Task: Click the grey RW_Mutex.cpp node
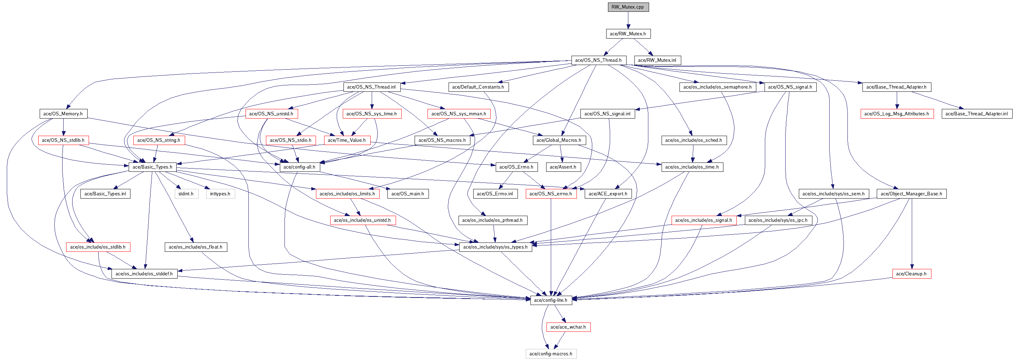point(628,7)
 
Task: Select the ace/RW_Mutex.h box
point(628,34)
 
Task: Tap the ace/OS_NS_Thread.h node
point(598,60)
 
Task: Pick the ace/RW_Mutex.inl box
point(657,60)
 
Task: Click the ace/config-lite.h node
point(551,300)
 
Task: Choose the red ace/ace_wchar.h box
point(568,327)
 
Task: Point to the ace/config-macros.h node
point(551,354)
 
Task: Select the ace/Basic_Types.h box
point(152,167)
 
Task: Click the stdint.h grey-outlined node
point(186,194)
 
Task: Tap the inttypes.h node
point(220,194)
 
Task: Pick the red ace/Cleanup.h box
point(911,274)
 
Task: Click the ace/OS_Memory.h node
point(63,114)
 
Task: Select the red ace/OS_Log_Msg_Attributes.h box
point(897,114)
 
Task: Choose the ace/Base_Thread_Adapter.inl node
point(976,114)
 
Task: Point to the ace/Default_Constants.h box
point(478,87)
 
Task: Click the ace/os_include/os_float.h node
point(195,247)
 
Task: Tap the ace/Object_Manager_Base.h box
point(911,194)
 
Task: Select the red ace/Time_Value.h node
point(347,140)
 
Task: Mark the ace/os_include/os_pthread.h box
point(493,220)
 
